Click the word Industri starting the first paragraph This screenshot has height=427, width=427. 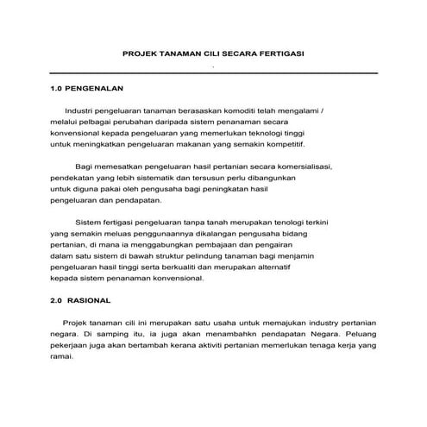[x=78, y=112]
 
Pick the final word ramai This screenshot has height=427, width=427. [x=62, y=355]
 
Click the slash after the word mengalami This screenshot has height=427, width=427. [x=345, y=112]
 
